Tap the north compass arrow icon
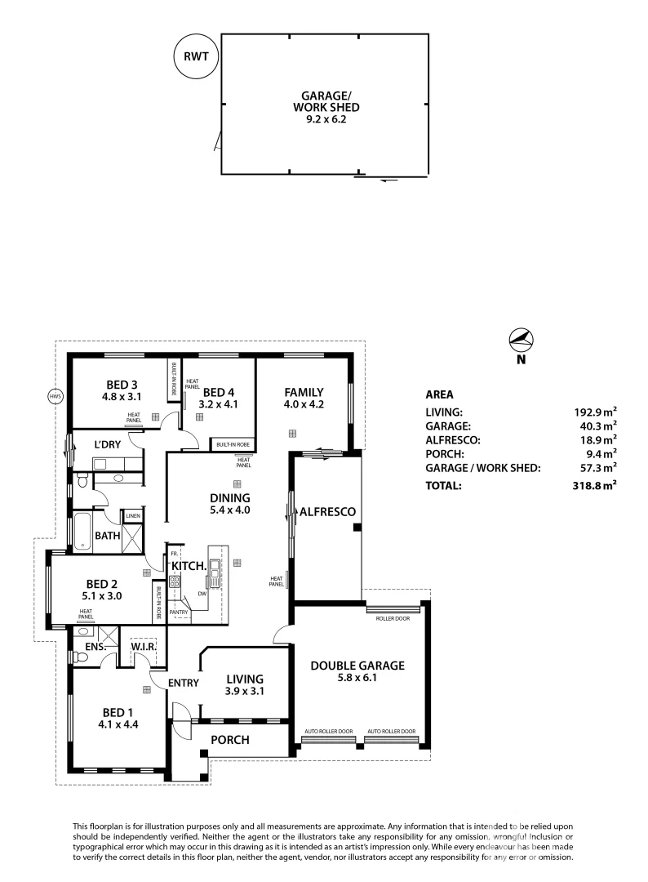[x=521, y=339]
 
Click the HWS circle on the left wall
[x=55, y=397]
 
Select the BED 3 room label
[x=121, y=385]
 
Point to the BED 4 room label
[x=219, y=391]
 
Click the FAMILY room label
[x=304, y=391]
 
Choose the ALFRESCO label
[x=326, y=512]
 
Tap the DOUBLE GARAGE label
[x=357, y=666]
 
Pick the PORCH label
[x=229, y=740]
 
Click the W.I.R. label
[x=144, y=648]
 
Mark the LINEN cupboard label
[x=132, y=516]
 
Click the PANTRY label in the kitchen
[x=179, y=612]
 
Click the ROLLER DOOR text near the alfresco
[x=392, y=618]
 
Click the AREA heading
[x=441, y=393]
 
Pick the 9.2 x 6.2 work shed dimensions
[x=326, y=119]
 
